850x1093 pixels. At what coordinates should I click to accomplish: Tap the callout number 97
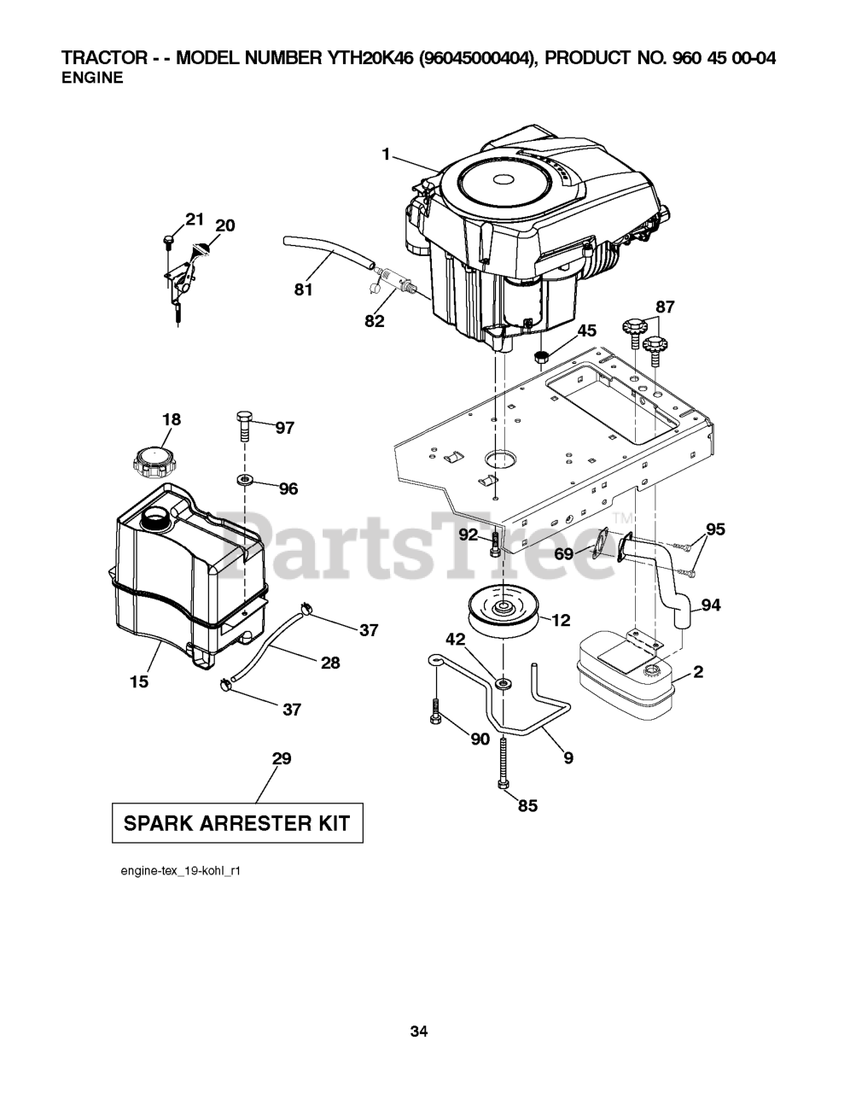coord(284,428)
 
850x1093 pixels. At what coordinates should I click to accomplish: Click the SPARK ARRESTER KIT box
coord(237,823)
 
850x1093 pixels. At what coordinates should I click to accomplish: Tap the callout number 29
coord(281,758)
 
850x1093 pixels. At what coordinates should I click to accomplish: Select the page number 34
coord(418,1032)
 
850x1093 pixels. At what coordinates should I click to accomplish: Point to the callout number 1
coord(386,155)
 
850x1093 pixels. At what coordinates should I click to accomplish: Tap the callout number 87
coord(665,307)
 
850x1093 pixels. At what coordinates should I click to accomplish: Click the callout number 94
coord(710,605)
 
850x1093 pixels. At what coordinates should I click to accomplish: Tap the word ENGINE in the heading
coord(92,78)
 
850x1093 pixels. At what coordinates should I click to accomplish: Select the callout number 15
coord(139,681)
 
